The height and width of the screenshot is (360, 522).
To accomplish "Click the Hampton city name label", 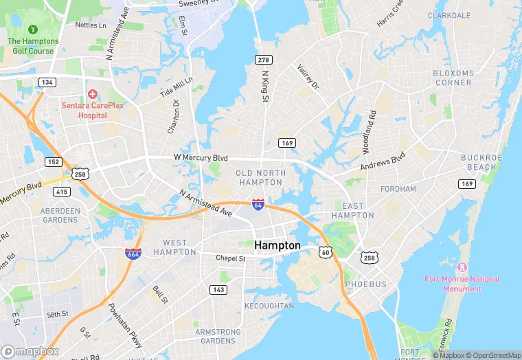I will (277, 245).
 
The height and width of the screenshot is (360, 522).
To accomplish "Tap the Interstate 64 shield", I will (258, 204).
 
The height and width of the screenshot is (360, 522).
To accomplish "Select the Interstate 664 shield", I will (133, 254).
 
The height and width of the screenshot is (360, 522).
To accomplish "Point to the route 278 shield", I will (263, 60).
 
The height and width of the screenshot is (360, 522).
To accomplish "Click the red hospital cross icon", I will (92, 93).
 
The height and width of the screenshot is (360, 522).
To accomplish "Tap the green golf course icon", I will (32, 30).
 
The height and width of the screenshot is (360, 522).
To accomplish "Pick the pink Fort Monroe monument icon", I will (462, 267).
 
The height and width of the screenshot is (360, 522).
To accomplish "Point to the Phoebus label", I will (366, 284).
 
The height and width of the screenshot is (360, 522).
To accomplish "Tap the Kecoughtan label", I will (269, 306).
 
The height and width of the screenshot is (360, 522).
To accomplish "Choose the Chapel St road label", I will (230, 258).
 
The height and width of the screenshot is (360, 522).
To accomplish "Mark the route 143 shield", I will (218, 290).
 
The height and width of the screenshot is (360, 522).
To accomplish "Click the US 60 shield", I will (326, 252).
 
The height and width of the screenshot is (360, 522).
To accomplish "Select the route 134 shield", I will (47, 82).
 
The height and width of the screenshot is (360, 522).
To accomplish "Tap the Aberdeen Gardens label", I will (60, 215).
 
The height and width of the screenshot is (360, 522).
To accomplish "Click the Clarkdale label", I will (449, 15).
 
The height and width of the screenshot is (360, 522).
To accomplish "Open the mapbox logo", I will (30, 350).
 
